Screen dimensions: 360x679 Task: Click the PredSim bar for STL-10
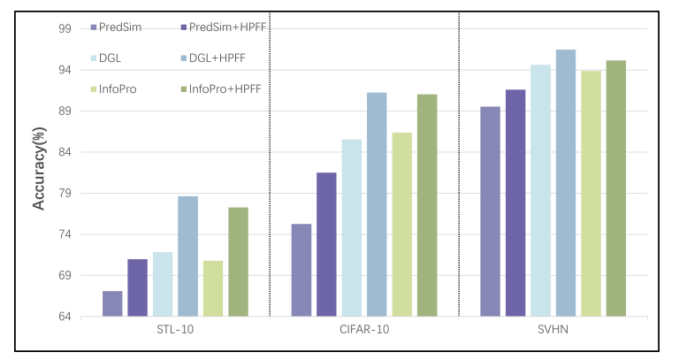(112, 303)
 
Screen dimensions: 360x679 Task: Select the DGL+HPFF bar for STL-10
(187, 257)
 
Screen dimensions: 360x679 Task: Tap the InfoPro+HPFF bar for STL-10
(238, 262)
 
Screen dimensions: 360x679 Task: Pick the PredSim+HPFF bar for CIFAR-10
(326, 244)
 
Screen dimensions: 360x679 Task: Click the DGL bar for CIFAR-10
(352, 227)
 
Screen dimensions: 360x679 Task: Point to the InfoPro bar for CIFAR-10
(402, 225)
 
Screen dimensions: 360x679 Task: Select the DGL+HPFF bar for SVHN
(566, 183)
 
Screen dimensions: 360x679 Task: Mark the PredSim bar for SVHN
(490, 211)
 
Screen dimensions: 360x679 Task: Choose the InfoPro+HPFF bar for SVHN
(616, 188)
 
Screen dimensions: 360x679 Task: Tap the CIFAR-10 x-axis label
(364, 330)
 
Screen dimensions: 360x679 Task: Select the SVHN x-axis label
(553, 330)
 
